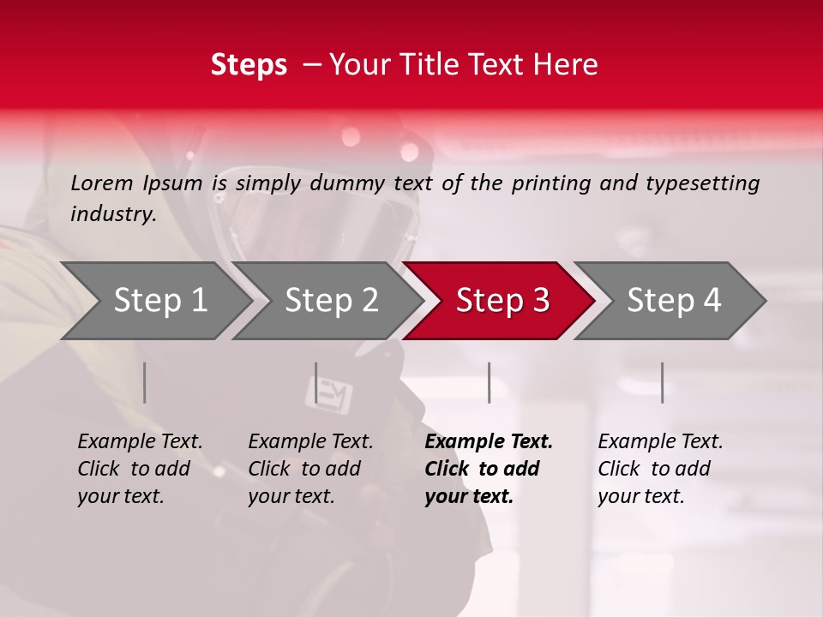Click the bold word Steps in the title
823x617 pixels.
click(249, 65)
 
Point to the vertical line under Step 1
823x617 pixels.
click(145, 382)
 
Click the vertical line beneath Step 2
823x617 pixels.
click(316, 382)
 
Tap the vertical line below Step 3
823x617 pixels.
click(489, 382)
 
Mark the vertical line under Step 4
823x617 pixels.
click(662, 382)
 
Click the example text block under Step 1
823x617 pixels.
click(140, 469)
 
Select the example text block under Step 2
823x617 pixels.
click(310, 469)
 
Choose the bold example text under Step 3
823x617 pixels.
click(489, 469)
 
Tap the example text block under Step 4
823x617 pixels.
click(660, 469)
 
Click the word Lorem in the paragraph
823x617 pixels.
click(101, 183)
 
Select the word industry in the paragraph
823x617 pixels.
click(113, 214)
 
